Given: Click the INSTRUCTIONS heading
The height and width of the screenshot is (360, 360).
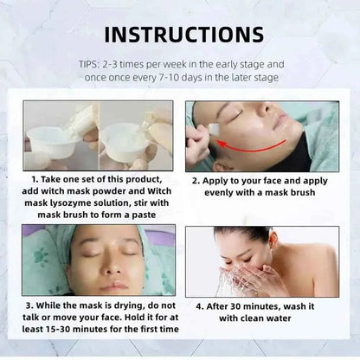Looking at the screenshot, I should click(x=180, y=34).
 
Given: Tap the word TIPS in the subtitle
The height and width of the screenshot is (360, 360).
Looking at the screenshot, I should click(x=91, y=63).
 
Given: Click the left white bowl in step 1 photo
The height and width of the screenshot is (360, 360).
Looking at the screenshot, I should click(x=53, y=136).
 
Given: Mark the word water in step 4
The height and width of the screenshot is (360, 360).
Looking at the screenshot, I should click(x=292, y=318).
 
